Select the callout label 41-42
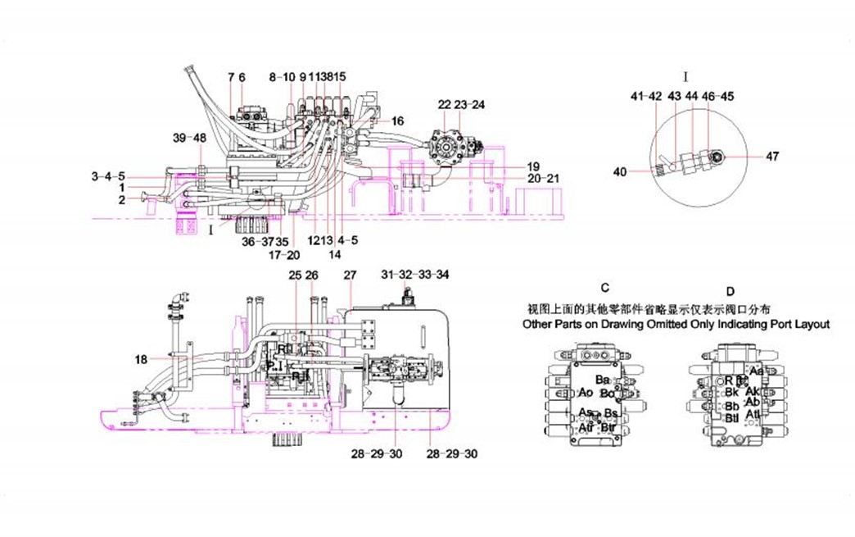(646, 96)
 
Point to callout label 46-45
(718, 96)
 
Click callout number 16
(397, 121)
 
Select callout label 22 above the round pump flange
(445, 104)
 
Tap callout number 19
(533, 166)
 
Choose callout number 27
(351, 274)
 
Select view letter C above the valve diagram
(604, 288)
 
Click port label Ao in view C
(585, 392)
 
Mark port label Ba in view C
(603, 380)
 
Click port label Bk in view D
(732, 393)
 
